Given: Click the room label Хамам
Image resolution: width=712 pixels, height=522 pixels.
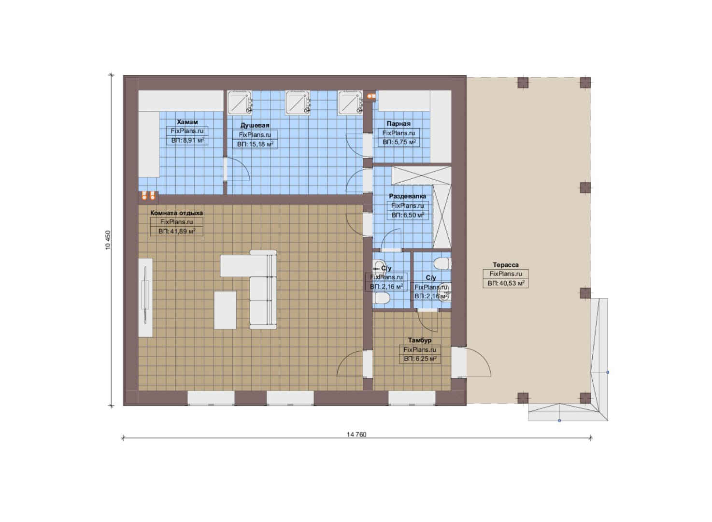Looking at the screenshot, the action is pos(187,122).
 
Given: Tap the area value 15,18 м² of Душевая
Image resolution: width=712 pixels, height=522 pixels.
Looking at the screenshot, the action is pos(255,145).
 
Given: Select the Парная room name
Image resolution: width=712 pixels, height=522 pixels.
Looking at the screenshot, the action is pos(399,124).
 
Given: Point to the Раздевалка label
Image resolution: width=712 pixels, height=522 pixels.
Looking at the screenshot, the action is pos(408,196).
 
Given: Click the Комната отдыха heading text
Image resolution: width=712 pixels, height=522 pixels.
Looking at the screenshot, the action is pos(176,213).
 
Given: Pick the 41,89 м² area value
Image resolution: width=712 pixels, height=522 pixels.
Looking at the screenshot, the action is pos(177,231).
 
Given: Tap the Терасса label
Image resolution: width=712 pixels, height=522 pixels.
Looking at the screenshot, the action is pos(506,265).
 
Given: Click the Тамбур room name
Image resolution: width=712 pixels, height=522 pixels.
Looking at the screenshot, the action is pos(420,340).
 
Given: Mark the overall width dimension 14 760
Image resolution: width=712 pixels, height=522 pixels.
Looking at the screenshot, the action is pos(356,435).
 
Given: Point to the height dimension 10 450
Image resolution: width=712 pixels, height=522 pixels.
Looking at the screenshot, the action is pos(108,240).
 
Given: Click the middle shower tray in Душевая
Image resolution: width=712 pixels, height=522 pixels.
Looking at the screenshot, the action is pos(298,102).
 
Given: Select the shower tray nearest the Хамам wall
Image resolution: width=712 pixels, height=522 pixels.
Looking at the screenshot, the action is pos(240,102).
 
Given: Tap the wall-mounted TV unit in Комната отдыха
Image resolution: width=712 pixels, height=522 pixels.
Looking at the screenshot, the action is pos(145,297).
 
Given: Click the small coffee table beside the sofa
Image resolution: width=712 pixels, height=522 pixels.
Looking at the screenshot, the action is pos(225,310).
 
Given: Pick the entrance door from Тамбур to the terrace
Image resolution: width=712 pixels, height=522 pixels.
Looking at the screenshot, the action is pos(471,362).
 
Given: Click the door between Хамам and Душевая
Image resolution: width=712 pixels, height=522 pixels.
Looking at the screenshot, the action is pos(237,170).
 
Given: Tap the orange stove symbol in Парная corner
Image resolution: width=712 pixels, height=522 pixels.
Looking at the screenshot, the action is pos(371,95).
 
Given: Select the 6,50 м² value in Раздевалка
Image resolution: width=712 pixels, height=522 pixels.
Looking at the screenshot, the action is pos(408,215).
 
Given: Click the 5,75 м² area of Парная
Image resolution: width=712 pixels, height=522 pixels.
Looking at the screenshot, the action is pos(399,142).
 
